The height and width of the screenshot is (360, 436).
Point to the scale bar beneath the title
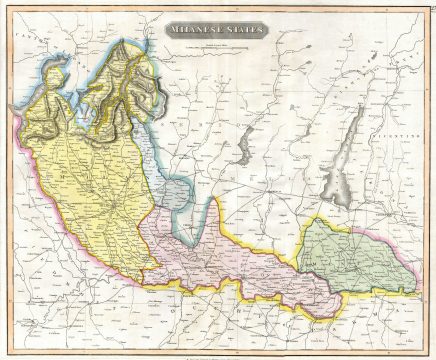(x=218, y=48)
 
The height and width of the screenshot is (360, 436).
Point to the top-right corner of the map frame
(x=426, y=10)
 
